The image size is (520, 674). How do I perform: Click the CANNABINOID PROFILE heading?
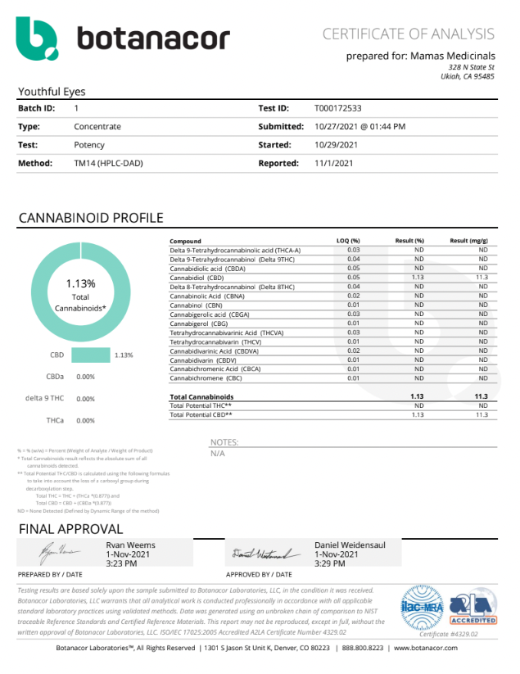coord(90,218)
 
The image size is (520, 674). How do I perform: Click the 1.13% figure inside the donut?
coord(80,283)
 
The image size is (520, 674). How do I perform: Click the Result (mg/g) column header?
coord(468,242)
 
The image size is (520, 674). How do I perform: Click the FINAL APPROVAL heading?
coord(70,528)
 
